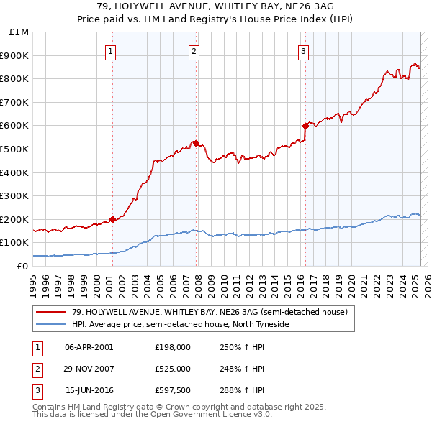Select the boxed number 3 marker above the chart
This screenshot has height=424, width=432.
[303, 51]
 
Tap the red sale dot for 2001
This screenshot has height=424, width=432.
[112, 219]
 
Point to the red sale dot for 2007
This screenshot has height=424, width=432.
[196, 143]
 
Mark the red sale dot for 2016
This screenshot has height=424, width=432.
[305, 126]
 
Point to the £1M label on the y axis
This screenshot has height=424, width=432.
[19, 32]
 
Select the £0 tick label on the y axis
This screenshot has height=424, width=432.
[23, 266]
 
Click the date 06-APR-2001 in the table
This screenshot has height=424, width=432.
[89, 347]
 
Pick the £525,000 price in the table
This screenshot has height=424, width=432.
[172, 369]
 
